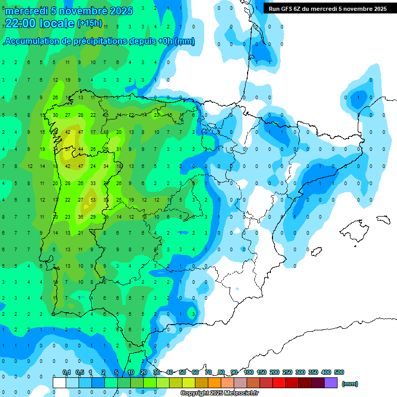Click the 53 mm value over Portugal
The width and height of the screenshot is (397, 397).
tap(93, 200)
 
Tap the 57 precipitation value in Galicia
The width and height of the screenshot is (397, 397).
tap(68, 149)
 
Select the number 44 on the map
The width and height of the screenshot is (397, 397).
tap(81, 149)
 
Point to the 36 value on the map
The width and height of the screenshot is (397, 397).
tap(81, 217)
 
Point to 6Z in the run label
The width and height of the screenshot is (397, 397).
tap(301, 9)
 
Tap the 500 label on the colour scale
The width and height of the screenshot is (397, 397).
tap(339, 372)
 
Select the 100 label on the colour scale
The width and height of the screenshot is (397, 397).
tap(249, 372)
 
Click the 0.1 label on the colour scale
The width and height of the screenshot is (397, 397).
tap(67, 372)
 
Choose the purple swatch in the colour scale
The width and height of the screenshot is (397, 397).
tap(331, 383)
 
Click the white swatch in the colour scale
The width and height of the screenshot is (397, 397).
tap(59, 383)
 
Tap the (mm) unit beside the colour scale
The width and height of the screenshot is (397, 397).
tap(350, 384)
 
